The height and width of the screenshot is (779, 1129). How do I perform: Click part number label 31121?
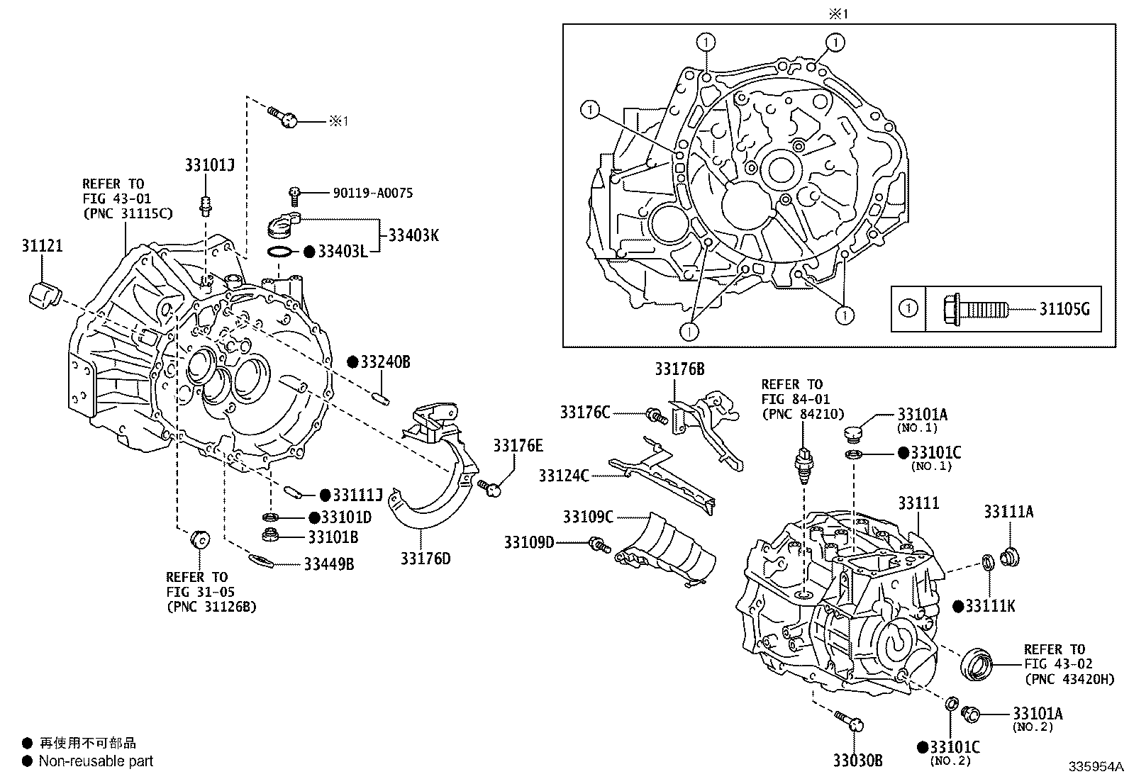(41, 246)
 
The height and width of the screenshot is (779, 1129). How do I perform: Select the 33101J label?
(209, 165)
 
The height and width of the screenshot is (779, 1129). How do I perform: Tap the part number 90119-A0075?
(372, 193)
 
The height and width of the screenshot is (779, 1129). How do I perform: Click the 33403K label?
(413, 235)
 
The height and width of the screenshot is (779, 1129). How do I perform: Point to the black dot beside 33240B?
(352, 362)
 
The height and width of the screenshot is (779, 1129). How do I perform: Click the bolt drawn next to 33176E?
(490, 487)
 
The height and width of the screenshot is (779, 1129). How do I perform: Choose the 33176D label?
(425, 559)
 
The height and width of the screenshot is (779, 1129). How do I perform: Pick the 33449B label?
(329, 564)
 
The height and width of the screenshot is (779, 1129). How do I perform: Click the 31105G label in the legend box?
(1064, 308)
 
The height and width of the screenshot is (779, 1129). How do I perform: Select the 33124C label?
(563, 476)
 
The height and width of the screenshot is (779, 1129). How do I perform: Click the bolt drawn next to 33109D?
(599, 544)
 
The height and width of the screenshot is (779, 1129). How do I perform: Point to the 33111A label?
(1008, 511)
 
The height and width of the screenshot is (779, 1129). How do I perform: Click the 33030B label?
(857, 761)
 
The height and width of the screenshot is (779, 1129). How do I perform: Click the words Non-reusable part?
(96, 761)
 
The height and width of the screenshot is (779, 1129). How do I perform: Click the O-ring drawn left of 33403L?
(281, 252)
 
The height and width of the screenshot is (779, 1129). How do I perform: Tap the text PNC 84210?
(792, 414)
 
